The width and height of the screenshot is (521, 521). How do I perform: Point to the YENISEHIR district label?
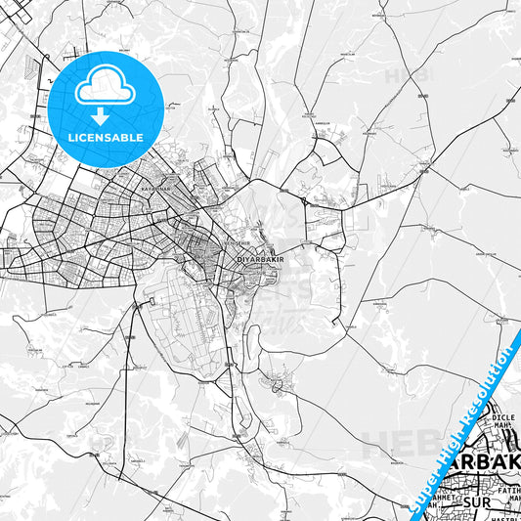pos(223,242)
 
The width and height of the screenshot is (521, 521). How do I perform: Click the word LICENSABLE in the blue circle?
pos(105,138)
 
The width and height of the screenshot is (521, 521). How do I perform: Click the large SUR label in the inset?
pos(476,502)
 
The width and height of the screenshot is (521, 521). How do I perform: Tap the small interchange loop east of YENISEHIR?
pos(304,201)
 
